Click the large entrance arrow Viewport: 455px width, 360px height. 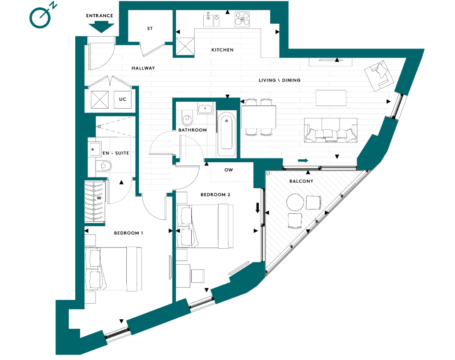tap(100, 27)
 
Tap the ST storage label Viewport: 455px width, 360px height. tap(150, 29)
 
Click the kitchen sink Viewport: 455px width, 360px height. tap(211, 19)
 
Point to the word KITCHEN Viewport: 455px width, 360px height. tap(222, 50)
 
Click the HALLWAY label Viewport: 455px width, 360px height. tap(143, 68)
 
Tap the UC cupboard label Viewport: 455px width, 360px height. tap(123, 100)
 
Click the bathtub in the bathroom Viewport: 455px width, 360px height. tap(226, 134)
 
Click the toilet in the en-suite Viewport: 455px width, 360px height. tap(105, 165)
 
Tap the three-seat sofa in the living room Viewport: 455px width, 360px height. tap(331, 131)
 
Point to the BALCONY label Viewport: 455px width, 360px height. tap(301, 181)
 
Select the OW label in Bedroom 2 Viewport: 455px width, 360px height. tap(229, 170)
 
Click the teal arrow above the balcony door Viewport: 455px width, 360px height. tap(303, 161)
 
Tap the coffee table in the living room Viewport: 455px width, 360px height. tap(331, 97)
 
